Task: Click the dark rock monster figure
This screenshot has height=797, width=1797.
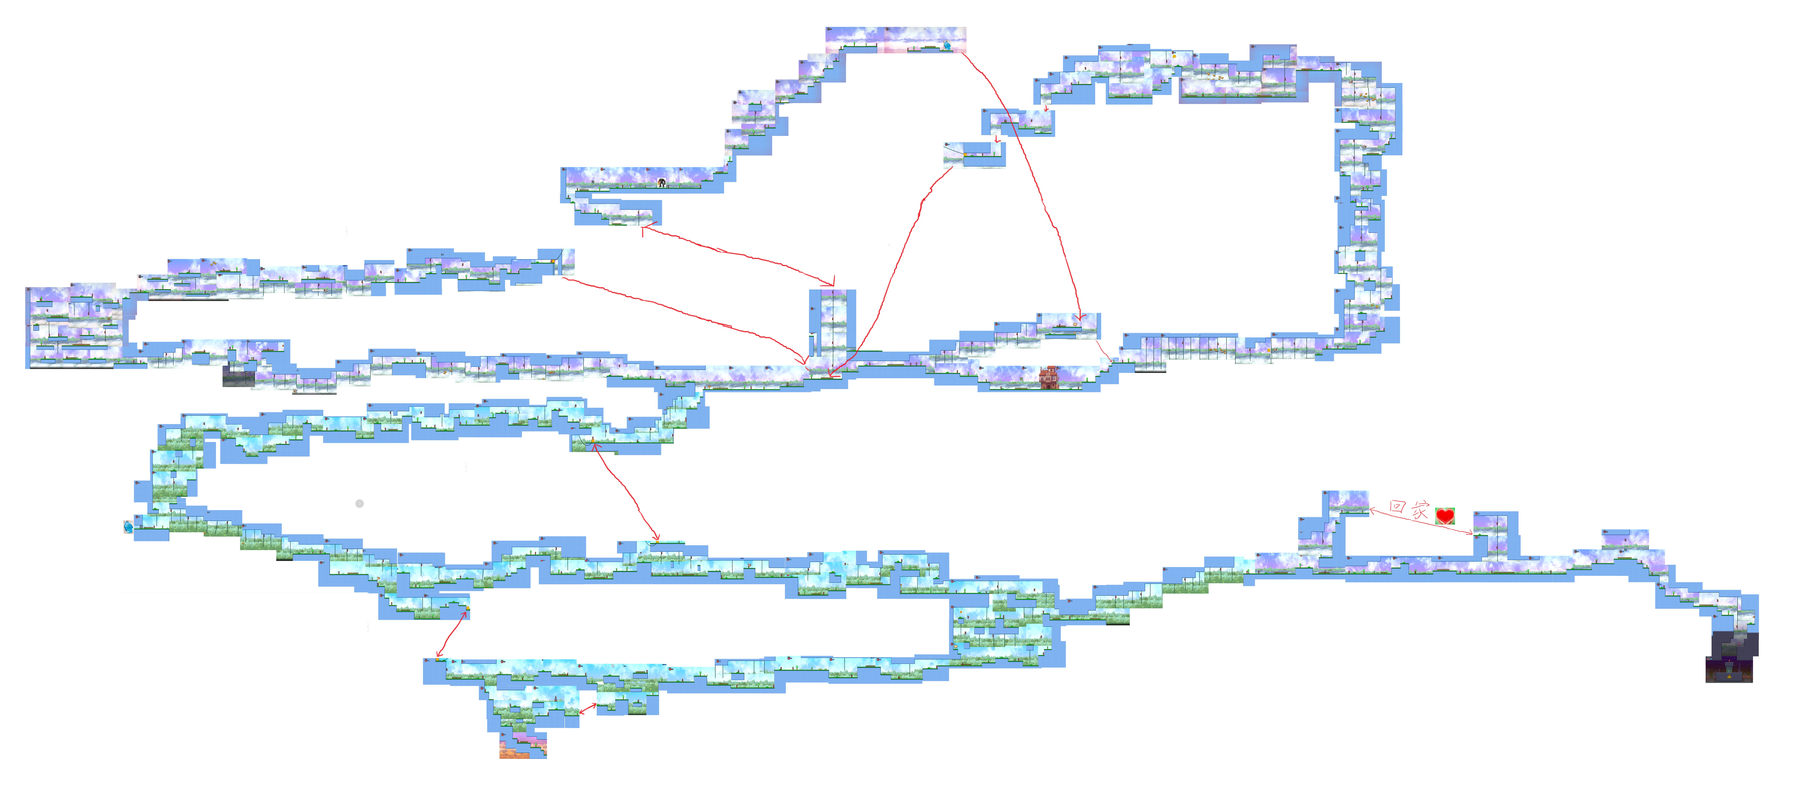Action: coord(661,183)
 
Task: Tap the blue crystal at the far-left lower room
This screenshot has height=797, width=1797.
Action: coord(128,526)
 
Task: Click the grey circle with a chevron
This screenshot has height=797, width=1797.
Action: coord(359,503)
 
